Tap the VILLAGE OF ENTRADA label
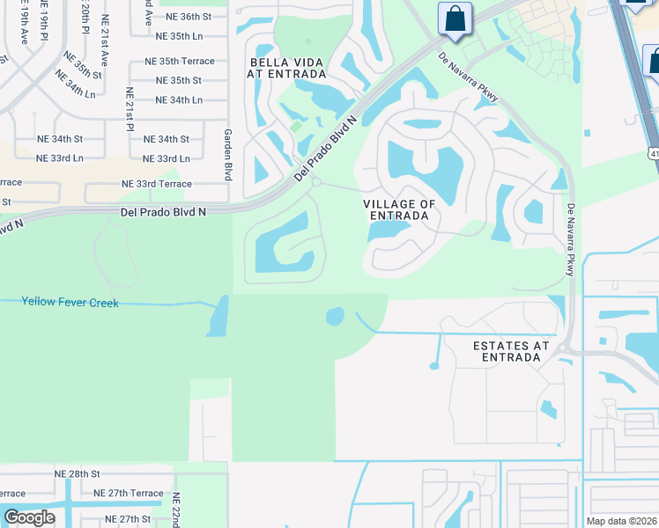(399, 209)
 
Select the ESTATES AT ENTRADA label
(511, 351)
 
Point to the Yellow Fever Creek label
(70, 302)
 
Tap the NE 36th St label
(183, 17)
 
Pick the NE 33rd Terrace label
(156, 184)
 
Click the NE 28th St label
(78, 473)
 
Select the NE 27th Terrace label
(128, 494)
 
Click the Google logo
(29, 517)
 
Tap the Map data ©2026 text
(622, 521)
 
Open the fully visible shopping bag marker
(455, 18)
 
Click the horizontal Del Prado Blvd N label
(163, 212)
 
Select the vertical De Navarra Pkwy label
(571, 240)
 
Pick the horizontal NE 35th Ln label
(179, 37)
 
